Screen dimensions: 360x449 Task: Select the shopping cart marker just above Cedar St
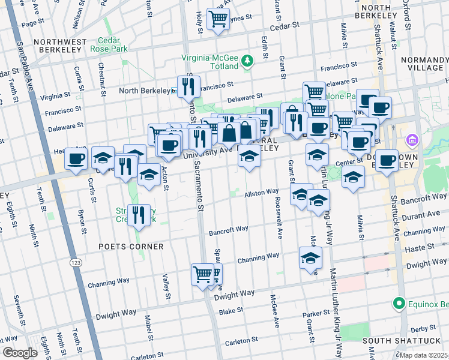tap(217, 19)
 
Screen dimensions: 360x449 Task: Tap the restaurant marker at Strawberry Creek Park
tap(139, 214)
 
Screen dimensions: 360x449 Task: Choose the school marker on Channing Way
tap(310, 258)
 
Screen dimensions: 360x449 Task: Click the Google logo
tap(20, 353)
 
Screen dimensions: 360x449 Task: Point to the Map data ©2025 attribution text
tap(423, 355)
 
